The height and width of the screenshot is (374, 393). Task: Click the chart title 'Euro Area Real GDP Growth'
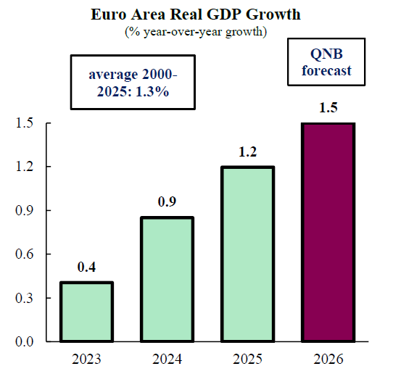(x=196, y=14)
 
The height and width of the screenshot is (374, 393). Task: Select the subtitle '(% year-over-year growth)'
(x=196, y=32)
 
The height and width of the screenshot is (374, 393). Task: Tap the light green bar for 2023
(x=86, y=312)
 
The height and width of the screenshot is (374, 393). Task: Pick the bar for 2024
(x=167, y=279)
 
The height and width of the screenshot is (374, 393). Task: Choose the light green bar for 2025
(x=248, y=254)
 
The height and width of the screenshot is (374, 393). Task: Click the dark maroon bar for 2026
(x=328, y=232)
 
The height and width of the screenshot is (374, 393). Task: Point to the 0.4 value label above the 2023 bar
(x=86, y=267)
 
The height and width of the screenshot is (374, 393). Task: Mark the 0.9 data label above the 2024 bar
(x=167, y=201)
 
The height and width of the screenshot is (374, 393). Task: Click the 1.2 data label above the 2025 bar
(x=248, y=151)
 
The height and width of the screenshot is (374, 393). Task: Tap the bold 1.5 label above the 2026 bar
(x=328, y=107)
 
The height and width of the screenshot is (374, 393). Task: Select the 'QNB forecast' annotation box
(x=326, y=62)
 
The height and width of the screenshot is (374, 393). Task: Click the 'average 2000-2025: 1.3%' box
(x=133, y=83)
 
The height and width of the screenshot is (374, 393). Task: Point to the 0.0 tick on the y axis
(x=25, y=341)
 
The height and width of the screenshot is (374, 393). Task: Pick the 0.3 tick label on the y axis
(x=25, y=298)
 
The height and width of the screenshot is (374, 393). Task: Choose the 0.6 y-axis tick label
(x=25, y=254)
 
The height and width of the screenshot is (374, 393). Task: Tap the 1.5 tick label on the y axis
(x=25, y=123)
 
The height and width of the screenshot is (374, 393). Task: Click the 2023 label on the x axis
(x=86, y=359)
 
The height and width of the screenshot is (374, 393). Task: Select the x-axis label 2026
(x=328, y=359)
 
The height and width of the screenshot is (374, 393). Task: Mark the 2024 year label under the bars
(x=167, y=359)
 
